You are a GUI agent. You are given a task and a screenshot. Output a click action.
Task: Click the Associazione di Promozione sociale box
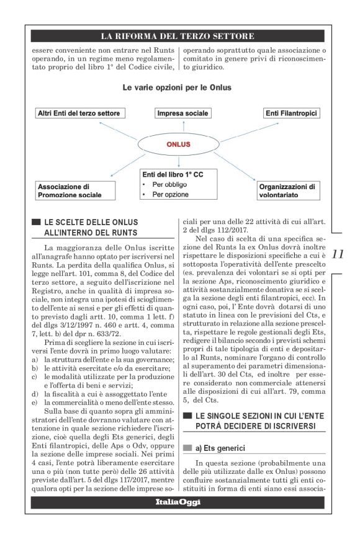[x=76, y=190]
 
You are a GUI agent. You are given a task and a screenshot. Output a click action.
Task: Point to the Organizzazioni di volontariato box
[x=288, y=190]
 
